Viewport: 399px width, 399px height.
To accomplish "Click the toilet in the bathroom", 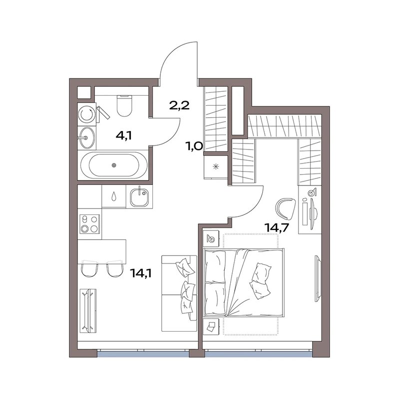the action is coord(124,106).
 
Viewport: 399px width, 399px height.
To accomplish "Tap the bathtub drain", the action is coord(114,165).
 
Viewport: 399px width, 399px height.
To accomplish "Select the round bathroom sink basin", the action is coord(86,138).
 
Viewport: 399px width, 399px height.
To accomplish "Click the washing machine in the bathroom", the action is coord(86,114).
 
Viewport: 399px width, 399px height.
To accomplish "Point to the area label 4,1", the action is coord(123,136).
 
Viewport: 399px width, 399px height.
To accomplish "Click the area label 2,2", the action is coord(179,105).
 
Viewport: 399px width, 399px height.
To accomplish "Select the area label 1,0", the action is coord(195,147).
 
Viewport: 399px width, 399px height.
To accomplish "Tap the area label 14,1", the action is coord(141,273).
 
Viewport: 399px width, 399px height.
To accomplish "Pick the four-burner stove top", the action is coord(89,224).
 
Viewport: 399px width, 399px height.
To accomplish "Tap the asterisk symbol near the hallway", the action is coord(216,167).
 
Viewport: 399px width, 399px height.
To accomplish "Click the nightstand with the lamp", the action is coord(211,239).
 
